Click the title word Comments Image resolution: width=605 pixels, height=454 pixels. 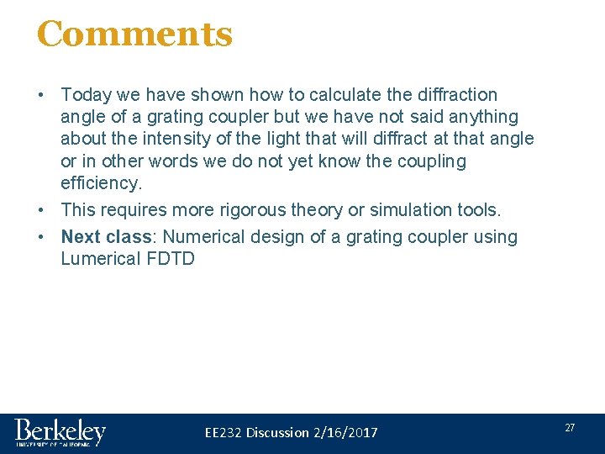point(134,34)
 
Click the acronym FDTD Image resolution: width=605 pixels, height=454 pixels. point(171,259)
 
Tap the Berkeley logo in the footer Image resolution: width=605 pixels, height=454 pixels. point(60,432)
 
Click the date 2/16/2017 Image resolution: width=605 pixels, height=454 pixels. point(345,433)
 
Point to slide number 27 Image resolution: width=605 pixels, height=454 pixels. point(570,428)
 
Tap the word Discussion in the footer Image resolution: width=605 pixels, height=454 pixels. point(277,433)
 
